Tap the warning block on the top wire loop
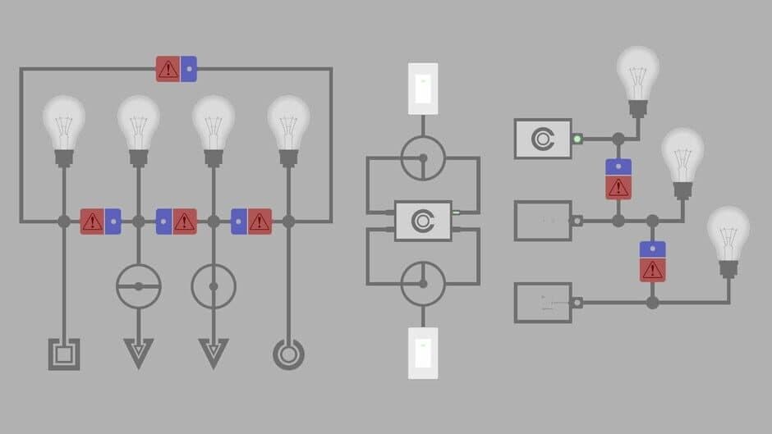[176, 68]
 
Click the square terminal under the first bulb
[64, 354]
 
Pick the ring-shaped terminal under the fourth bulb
[288, 354]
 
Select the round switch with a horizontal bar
[138, 286]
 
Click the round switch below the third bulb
[214, 286]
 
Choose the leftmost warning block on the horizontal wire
[100, 222]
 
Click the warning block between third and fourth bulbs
[250, 222]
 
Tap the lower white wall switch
[423, 353]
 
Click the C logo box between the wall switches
[423, 221]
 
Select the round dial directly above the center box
[423, 158]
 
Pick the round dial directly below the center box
[423, 284]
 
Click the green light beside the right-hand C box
[577, 139]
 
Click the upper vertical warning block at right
[618, 179]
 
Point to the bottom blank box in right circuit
[542, 302]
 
